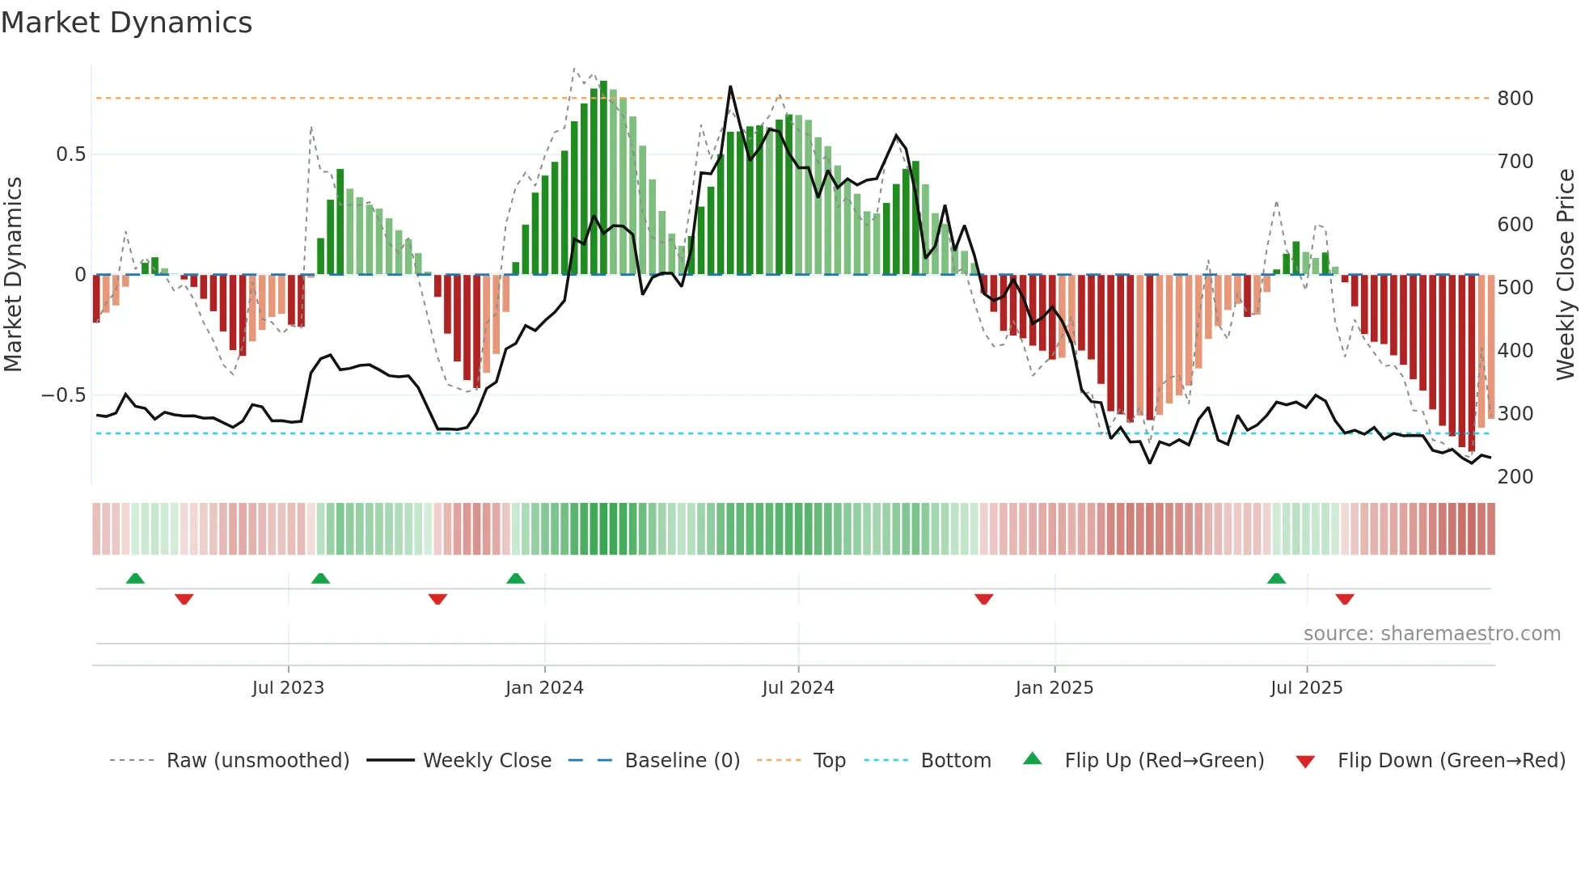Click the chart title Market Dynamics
coord(126,23)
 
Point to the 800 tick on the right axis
coord(1515,99)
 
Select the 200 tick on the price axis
coord(1515,477)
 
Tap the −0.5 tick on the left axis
coord(63,395)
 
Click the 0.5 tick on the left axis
coord(70,154)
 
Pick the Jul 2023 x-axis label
coord(288,688)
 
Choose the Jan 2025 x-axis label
coord(1054,688)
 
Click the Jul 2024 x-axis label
coord(797,688)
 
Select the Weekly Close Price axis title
coord(1566,275)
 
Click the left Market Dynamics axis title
coord(13,275)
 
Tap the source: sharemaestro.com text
coord(1431,634)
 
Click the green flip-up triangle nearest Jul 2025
coord(1276,579)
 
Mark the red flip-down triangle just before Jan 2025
coord(983,599)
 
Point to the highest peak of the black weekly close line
coord(730,87)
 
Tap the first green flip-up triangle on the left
coord(135,579)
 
